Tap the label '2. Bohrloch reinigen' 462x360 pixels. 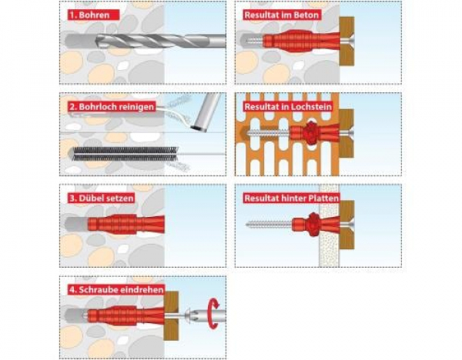click(x=112, y=107)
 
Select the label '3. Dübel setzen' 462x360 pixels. click(x=102, y=198)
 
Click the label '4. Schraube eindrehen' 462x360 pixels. click(x=116, y=290)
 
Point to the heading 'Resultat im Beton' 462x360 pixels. click(x=281, y=15)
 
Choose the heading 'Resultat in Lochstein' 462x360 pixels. click(x=288, y=107)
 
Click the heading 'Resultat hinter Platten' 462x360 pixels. click(x=291, y=198)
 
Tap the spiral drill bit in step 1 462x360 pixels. click(x=161, y=41)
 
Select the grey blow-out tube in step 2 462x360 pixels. click(x=206, y=112)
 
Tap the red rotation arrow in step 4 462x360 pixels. click(x=213, y=314)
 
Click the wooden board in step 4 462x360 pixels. click(x=171, y=316)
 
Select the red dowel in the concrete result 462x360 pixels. click(x=300, y=41)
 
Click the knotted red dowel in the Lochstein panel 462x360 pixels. click(x=314, y=133)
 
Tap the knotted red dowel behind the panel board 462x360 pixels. click(x=316, y=225)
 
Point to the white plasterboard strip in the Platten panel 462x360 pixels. click(x=329, y=226)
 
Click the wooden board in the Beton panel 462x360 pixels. click(x=346, y=41)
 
